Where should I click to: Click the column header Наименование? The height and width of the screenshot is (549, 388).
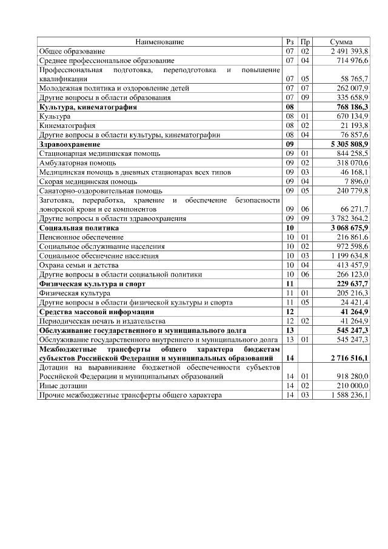coord(159,42)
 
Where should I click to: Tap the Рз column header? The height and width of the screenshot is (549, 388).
coord(289,42)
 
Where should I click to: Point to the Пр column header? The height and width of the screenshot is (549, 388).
coord(306,42)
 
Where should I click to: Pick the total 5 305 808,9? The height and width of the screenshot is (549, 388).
coord(349,144)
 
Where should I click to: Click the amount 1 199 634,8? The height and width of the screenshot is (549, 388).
coord(349,256)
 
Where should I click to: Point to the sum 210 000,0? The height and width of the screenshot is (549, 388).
coord(353,386)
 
